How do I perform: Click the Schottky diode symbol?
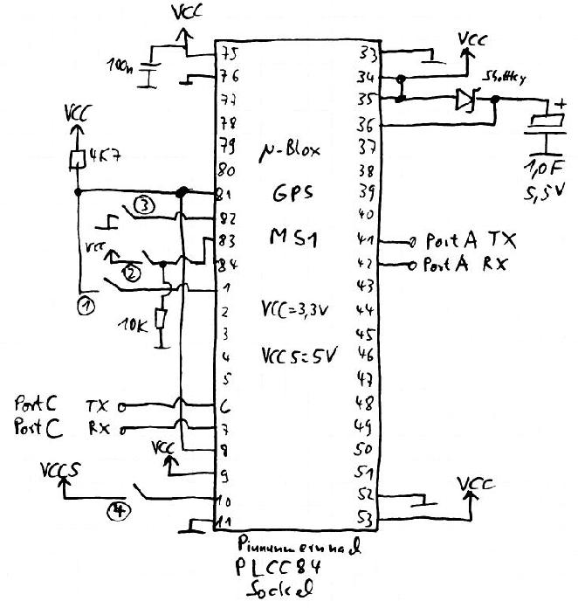[x=464, y=100]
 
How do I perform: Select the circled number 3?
[x=146, y=206]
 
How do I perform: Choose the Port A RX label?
[x=465, y=263]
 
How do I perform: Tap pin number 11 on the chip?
[x=226, y=522]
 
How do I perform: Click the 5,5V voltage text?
[x=544, y=191]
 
